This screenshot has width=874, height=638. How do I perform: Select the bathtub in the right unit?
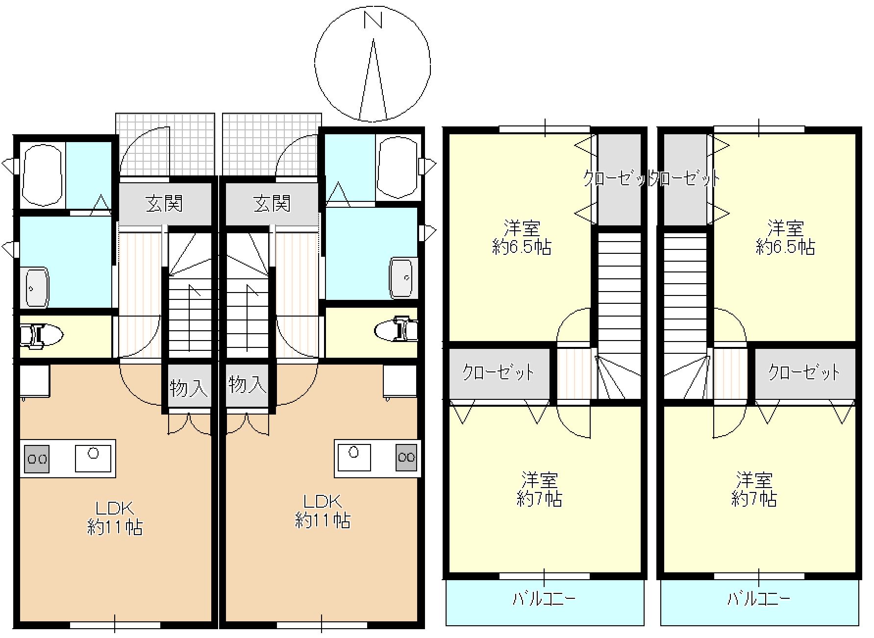tap(398, 168)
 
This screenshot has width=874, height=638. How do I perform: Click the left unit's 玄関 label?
tap(164, 203)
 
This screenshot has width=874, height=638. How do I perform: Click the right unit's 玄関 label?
tap(272, 203)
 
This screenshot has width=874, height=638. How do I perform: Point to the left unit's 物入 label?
tap(189, 389)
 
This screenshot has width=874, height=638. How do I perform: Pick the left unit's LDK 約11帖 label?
tap(115, 518)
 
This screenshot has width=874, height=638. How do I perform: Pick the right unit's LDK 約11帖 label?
tap(322, 511)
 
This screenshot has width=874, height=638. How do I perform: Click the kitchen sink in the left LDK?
tap(93, 458)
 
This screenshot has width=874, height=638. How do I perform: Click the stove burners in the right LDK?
tap(406, 457)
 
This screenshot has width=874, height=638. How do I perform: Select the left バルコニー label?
tap(544, 599)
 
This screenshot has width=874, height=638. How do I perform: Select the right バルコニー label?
tap(758, 599)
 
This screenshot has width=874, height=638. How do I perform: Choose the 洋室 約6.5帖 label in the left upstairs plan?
tap(522, 238)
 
